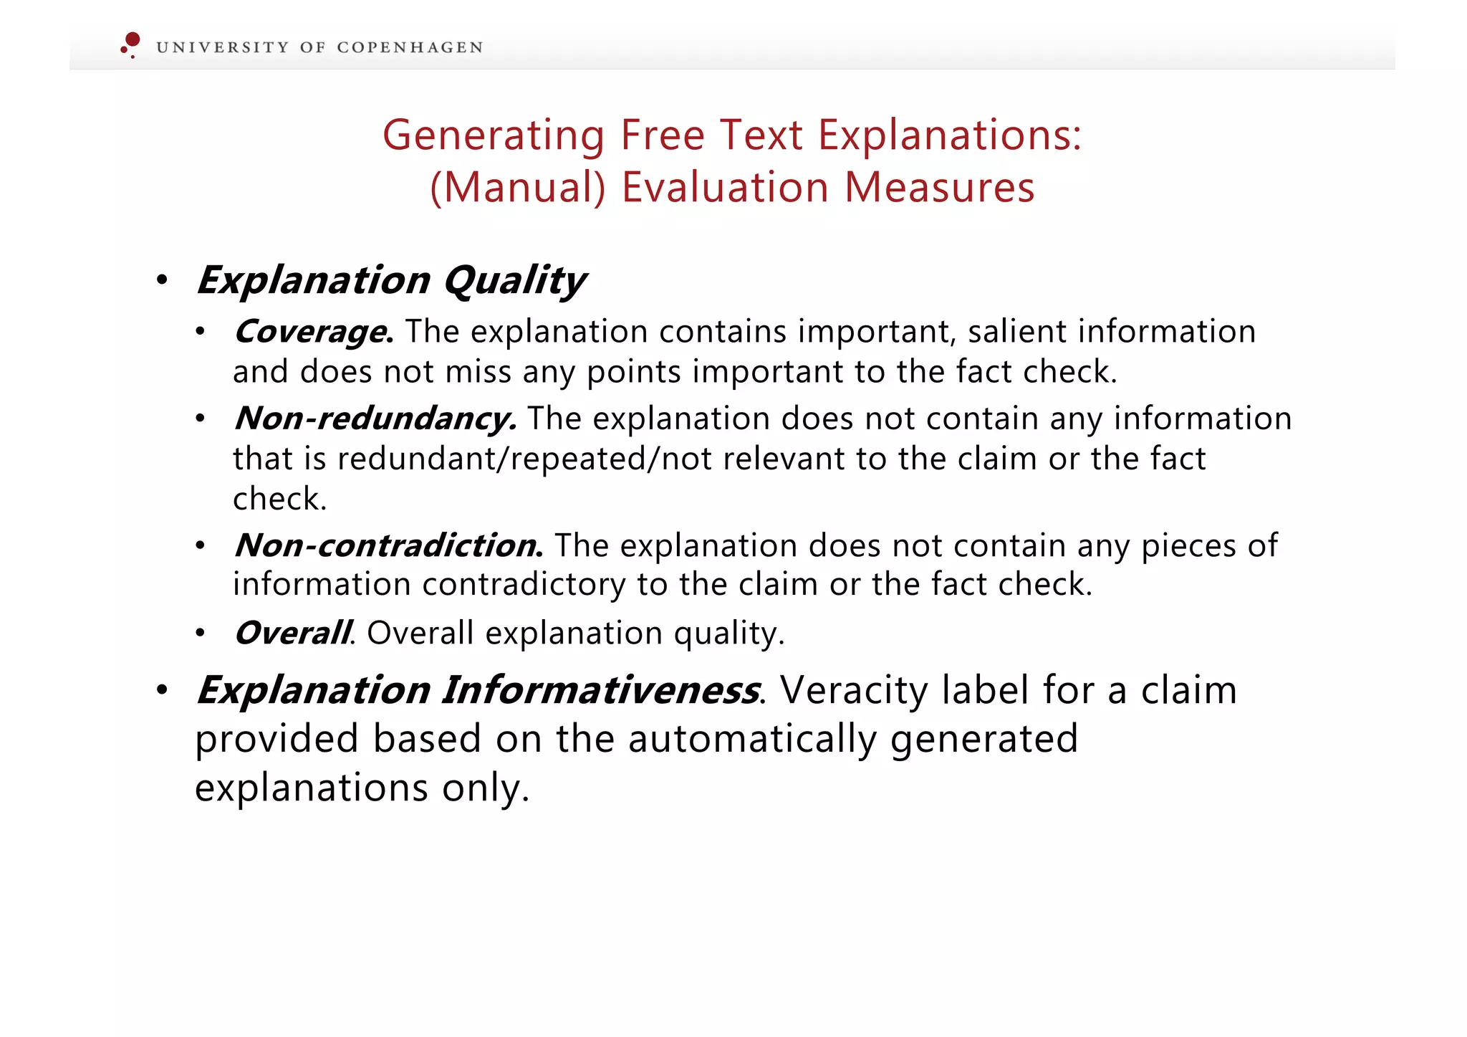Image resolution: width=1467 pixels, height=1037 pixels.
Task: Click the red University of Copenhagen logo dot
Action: pos(132,40)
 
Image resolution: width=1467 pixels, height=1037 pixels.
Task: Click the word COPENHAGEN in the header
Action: pos(410,47)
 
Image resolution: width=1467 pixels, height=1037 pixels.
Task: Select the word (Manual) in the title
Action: pos(517,187)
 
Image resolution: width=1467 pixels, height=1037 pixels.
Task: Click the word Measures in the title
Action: pos(939,187)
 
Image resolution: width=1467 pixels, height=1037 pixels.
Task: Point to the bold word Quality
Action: pos(514,280)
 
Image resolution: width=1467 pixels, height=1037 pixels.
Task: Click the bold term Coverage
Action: pos(313,332)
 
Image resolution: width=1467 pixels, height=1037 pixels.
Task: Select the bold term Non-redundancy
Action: pos(375,419)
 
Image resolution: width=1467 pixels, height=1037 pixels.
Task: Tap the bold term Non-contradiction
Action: pos(388,545)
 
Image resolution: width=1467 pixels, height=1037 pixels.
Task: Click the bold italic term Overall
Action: pos(293,633)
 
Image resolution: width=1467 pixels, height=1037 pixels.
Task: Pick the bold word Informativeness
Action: pos(600,690)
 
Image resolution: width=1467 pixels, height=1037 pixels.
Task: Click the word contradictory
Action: pos(524,585)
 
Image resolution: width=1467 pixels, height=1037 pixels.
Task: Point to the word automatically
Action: pos(752,739)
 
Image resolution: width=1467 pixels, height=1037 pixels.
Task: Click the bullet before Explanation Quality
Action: pos(162,280)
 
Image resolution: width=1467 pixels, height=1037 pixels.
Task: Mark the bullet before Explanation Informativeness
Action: pos(162,690)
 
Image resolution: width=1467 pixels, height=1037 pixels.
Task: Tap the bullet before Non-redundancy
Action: pos(201,419)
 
